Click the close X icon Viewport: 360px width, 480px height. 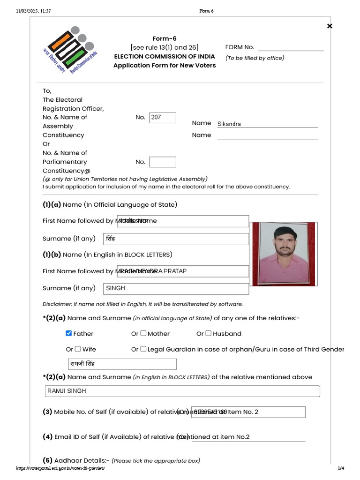(330, 26)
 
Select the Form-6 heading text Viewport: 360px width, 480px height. (165, 38)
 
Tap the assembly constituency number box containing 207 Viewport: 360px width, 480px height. (162, 118)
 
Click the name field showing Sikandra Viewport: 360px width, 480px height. (267, 124)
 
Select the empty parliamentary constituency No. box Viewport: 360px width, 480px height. (162, 162)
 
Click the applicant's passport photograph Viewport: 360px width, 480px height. (280, 254)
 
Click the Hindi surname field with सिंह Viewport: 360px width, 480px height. (176, 239)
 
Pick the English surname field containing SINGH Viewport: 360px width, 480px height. (176, 288)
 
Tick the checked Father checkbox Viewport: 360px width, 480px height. (69, 333)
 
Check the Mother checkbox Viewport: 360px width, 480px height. (143, 333)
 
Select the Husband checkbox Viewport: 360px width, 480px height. (209, 333)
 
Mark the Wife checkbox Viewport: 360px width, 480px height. (78, 349)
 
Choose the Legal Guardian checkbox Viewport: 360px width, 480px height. (143, 349)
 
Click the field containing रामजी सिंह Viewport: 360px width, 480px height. (122, 364)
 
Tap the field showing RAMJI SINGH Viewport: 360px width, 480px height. (183, 391)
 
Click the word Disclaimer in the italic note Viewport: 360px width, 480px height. (56, 304)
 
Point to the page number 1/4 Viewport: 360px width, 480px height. (341, 468)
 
